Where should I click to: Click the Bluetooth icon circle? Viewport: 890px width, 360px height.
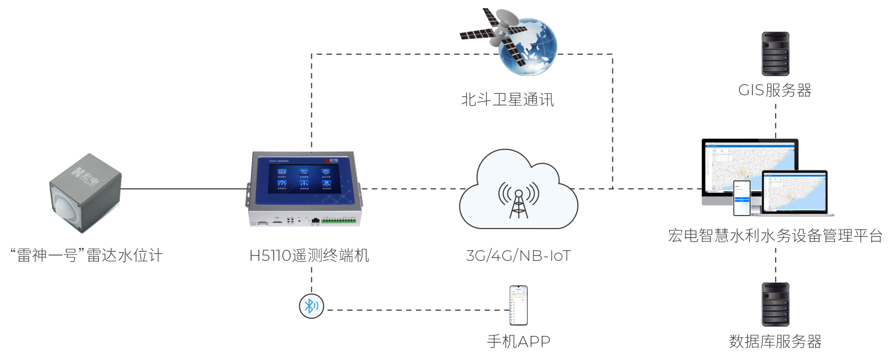311,306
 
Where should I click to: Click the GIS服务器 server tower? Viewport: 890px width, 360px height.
775,54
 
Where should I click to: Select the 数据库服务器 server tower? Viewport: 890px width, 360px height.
775,305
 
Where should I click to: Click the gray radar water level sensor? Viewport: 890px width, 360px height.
85,193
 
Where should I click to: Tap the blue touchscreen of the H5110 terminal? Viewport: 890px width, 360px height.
304,179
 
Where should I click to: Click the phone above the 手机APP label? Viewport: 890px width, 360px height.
519,306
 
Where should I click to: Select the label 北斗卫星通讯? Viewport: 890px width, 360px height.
508,100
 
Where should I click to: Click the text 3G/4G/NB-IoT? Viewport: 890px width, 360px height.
518,256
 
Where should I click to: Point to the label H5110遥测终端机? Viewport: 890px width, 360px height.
309,255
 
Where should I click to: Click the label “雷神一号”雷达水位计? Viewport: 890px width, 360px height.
87,255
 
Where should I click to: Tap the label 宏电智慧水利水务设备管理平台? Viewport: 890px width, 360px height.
775,235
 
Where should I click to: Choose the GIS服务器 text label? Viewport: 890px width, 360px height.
775,90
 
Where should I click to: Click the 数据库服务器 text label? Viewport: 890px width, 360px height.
775,341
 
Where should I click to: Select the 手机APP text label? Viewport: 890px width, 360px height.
518,341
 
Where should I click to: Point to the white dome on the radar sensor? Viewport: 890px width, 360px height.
65,206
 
